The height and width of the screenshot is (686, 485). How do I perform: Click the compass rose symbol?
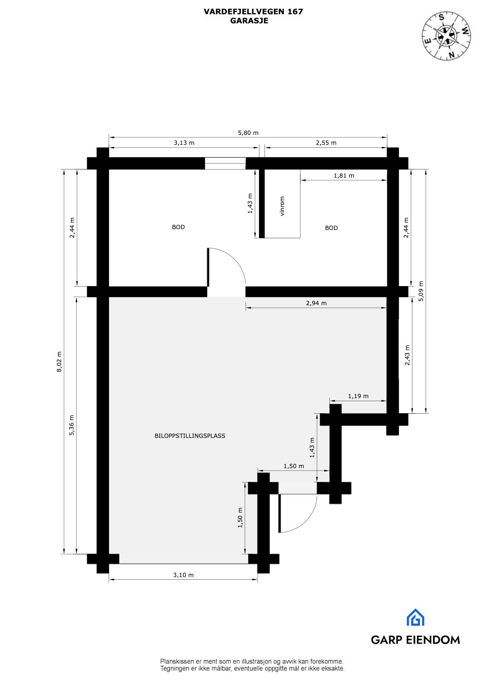click(x=447, y=35)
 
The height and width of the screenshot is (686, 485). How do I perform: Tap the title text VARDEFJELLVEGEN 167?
click(x=253, y=12)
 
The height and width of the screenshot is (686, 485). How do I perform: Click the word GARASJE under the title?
click(x=249, y=20)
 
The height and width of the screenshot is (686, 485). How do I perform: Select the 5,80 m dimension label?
click(x=248, y=133)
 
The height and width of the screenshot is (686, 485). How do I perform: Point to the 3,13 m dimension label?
click(x=184, y=143)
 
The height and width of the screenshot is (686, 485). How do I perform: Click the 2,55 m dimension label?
click(x=326, y=143)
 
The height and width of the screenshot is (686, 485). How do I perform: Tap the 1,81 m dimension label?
click(x=344, y=175)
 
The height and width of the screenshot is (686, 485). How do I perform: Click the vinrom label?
click(x=282, y=206)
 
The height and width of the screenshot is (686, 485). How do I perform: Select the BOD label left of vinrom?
click(x=179, y=227)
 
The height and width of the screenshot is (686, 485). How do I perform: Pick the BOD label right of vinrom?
click(x=332, y=228)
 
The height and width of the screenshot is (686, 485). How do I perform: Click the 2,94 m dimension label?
click(x=316, y=303)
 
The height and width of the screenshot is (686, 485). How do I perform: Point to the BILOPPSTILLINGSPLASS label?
click(x=190, y=436)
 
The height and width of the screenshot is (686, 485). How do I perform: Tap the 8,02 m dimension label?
click(x=60, y=361)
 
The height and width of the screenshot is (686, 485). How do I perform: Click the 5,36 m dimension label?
click(x=72, y=425)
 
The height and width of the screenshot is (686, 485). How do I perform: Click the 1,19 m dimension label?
click(x=358, y=396)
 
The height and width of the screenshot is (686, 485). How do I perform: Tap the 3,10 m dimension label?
click(x=183, y=575)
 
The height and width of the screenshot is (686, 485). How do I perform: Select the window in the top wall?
click(x=225, y=163)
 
